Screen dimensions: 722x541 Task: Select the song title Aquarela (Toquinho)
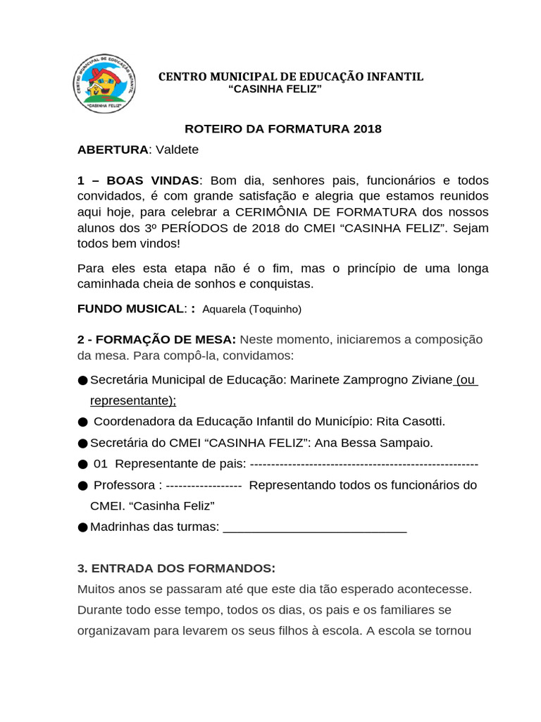(251, 310)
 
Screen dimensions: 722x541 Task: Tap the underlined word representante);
(133, 400)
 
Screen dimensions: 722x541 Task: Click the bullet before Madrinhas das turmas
(83, 527)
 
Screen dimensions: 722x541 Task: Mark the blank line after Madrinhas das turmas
(314, 527)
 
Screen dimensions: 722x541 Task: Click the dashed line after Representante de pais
(363, 464)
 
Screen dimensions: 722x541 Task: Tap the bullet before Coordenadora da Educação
(83, 422)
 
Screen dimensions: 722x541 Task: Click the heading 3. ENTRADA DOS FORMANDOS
(176, 568)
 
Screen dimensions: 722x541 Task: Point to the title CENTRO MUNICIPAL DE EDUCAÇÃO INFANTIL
(290, 76)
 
